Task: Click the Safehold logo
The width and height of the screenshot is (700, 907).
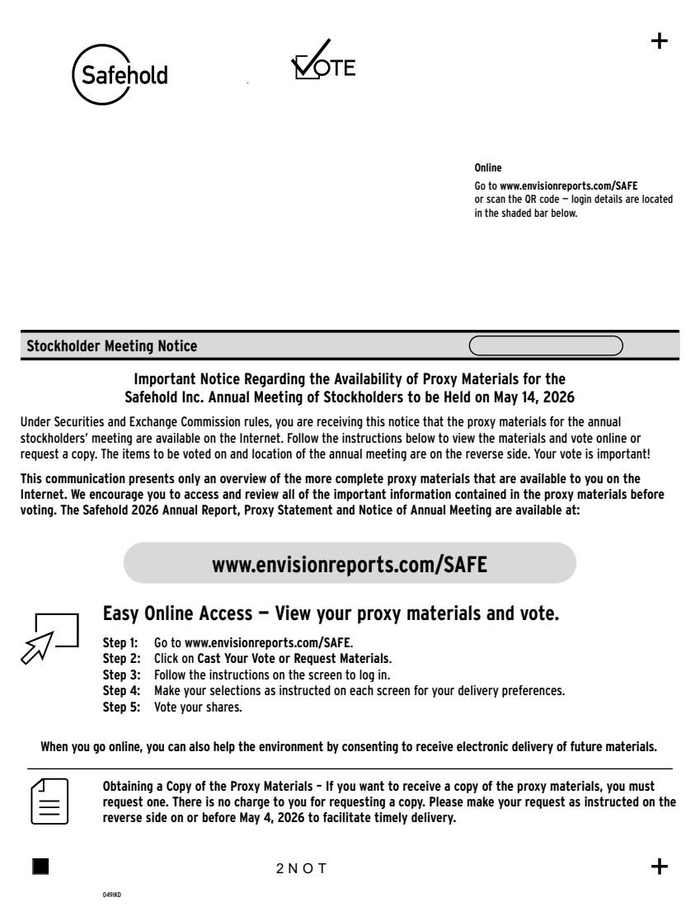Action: click(120, 73)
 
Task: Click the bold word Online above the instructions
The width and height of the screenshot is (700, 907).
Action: click(488, 168)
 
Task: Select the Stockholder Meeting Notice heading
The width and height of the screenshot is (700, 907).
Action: click(112, 346)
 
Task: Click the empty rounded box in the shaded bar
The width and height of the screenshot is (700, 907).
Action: click(546, 345)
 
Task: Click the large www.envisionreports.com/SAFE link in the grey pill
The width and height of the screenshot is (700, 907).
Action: click(350, 565)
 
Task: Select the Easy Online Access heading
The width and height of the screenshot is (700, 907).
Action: click(330, 614)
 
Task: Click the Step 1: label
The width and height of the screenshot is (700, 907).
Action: click(120, 641)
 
